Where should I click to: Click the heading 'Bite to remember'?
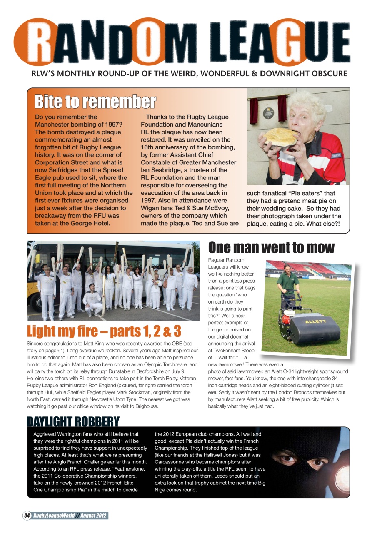(95, 102)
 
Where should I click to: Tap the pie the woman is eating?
(281, 137)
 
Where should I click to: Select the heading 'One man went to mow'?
(271, 247)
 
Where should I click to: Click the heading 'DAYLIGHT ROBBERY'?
(73, 422)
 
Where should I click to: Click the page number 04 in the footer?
(27, 516)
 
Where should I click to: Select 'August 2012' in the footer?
(93, 516)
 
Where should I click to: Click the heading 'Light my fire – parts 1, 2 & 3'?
(104, 331)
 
